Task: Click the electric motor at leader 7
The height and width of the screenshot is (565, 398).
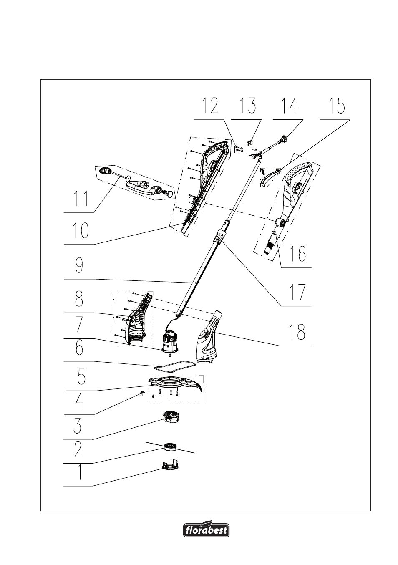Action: (170, 339)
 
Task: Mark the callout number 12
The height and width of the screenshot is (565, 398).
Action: (211, 106)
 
